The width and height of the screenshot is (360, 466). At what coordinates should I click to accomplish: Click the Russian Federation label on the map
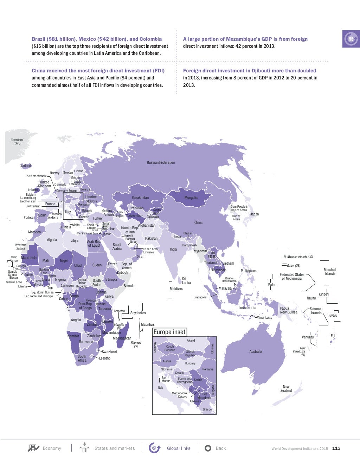161,162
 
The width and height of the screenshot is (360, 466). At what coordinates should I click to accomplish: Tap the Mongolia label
191,198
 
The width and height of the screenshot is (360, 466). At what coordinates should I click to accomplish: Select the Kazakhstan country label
140,198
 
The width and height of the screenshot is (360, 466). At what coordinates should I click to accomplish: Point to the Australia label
256,351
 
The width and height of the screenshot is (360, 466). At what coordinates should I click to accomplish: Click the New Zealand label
286,389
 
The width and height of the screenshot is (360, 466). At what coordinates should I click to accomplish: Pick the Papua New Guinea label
289,310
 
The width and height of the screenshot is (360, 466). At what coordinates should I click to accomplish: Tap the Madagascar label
122,338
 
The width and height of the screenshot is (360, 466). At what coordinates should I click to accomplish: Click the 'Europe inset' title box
169,332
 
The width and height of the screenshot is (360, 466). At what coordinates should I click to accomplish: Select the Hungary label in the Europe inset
190,363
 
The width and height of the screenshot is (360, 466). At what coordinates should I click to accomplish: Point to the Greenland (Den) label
17,141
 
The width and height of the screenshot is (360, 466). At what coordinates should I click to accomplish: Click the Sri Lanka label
186,280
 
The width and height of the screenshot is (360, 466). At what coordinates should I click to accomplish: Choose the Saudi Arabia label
117,246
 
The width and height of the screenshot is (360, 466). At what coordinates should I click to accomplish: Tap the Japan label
254,214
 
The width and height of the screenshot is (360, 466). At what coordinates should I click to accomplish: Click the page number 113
336,448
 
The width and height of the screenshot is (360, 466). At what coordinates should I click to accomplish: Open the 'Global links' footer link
178,448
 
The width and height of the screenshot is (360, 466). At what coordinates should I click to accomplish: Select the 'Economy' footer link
52,448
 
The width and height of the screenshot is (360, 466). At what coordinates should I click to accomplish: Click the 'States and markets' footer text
115,448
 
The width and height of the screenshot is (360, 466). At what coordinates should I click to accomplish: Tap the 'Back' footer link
221,448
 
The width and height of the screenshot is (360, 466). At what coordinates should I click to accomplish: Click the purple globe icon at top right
351,39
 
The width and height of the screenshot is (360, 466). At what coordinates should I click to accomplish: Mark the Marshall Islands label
330,272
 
